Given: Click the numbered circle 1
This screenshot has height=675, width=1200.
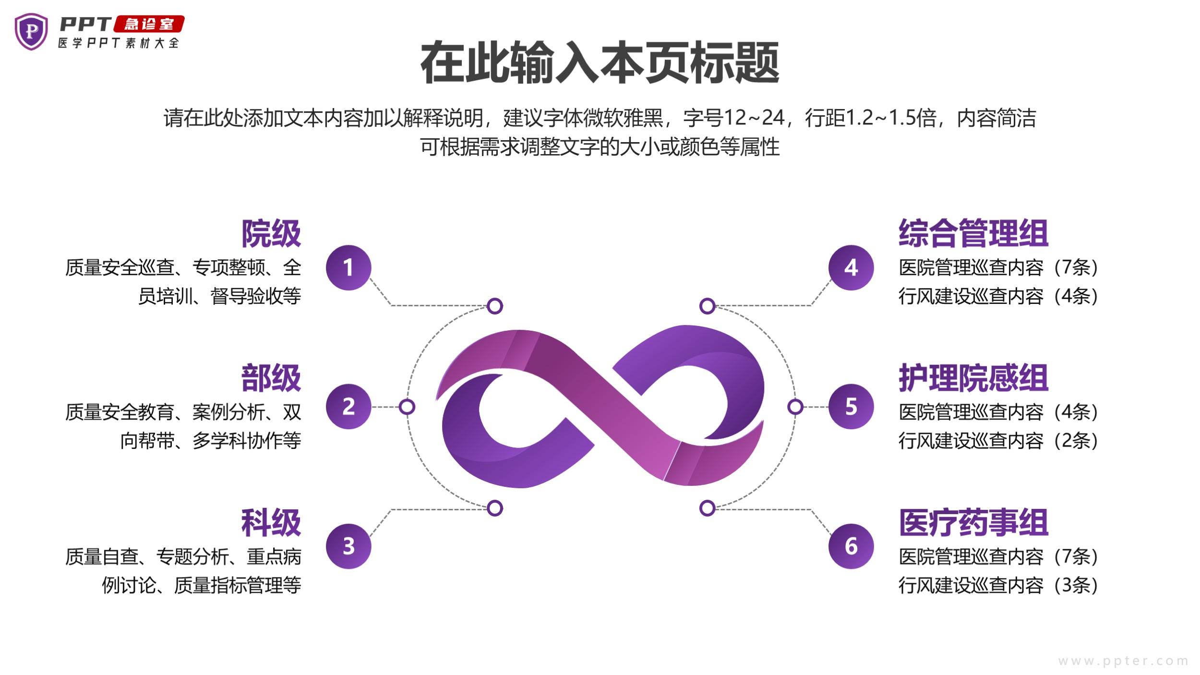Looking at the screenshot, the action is (x=348, y=267).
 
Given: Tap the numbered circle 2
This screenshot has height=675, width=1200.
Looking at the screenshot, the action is (x=348, y=407).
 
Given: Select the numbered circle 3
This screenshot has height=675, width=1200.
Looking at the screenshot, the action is (x=348, y=546).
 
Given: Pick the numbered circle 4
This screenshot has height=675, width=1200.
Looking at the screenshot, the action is (x=851, y=267).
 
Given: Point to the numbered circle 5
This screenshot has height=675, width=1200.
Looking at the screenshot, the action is (x=851, y=407).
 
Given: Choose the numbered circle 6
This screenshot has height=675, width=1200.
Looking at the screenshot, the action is (x=851, y=546).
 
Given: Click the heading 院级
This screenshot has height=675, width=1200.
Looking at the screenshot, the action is (x=271, y=234).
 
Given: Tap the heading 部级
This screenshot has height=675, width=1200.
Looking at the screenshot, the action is (x=271, y=378).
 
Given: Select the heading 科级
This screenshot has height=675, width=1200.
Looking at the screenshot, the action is (x=271, y=523).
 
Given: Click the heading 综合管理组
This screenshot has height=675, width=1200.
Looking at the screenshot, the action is (x=973, y=234).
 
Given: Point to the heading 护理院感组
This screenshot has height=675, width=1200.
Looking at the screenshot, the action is (x=973, y=378).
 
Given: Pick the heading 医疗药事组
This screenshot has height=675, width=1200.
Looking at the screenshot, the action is (x=973, y=523).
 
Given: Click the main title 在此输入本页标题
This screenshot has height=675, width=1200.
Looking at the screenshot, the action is (x=600, y=63).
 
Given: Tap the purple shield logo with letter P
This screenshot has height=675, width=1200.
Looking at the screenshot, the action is (x=31, y=32).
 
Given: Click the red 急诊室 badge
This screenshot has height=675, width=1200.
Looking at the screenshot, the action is (x=149, y=24).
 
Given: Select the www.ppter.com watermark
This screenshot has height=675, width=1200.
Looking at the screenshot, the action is (x=1123, y=661).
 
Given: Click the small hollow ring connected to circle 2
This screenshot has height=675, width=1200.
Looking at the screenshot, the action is (x=407, y=407).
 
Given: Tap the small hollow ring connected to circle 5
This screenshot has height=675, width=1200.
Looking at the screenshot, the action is (x=795, y=407).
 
